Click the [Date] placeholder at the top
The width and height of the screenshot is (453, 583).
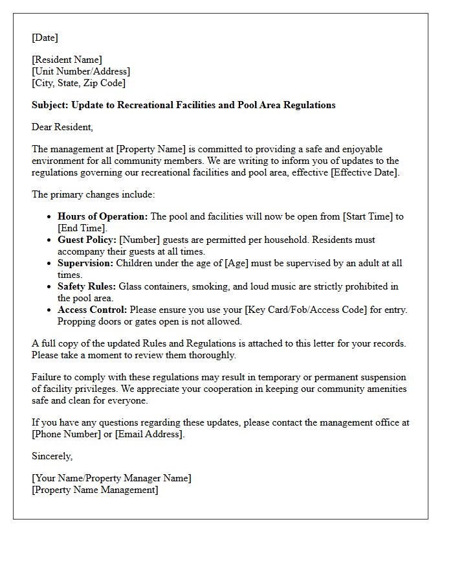tap(45, 38)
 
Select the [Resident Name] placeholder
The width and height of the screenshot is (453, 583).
tap(67, 60)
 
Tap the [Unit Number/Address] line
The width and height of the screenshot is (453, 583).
tap(81, 71)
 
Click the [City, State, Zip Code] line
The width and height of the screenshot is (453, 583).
tap(78, 83)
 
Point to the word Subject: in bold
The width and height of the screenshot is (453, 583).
tap(50, 105)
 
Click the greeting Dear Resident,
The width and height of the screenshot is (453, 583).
tap(62, 127)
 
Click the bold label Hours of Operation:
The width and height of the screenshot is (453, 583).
tap(102, 216)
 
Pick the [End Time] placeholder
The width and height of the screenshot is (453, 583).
tap(82, 228)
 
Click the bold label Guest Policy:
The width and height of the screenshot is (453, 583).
tap(87, 240)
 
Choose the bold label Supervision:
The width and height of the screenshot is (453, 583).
tap(85, 263)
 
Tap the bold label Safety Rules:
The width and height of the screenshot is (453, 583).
tap(87, 286)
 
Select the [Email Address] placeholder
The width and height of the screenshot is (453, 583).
tap(149, 434)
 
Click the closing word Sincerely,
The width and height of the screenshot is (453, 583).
tap(52, 456)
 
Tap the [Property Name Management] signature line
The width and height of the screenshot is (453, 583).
tap(94, 490)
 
